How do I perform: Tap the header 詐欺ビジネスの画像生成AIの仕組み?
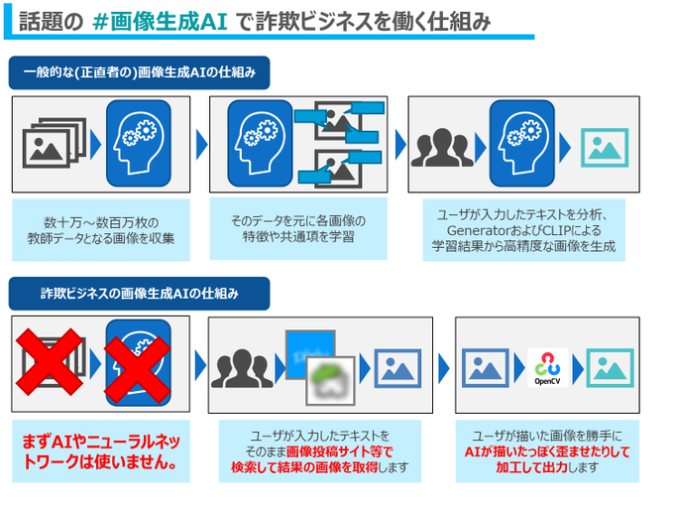point(139,293)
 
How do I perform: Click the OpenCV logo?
point(547,366)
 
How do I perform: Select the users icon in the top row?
point(442,146)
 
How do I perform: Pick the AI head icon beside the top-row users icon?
point(520,145)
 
